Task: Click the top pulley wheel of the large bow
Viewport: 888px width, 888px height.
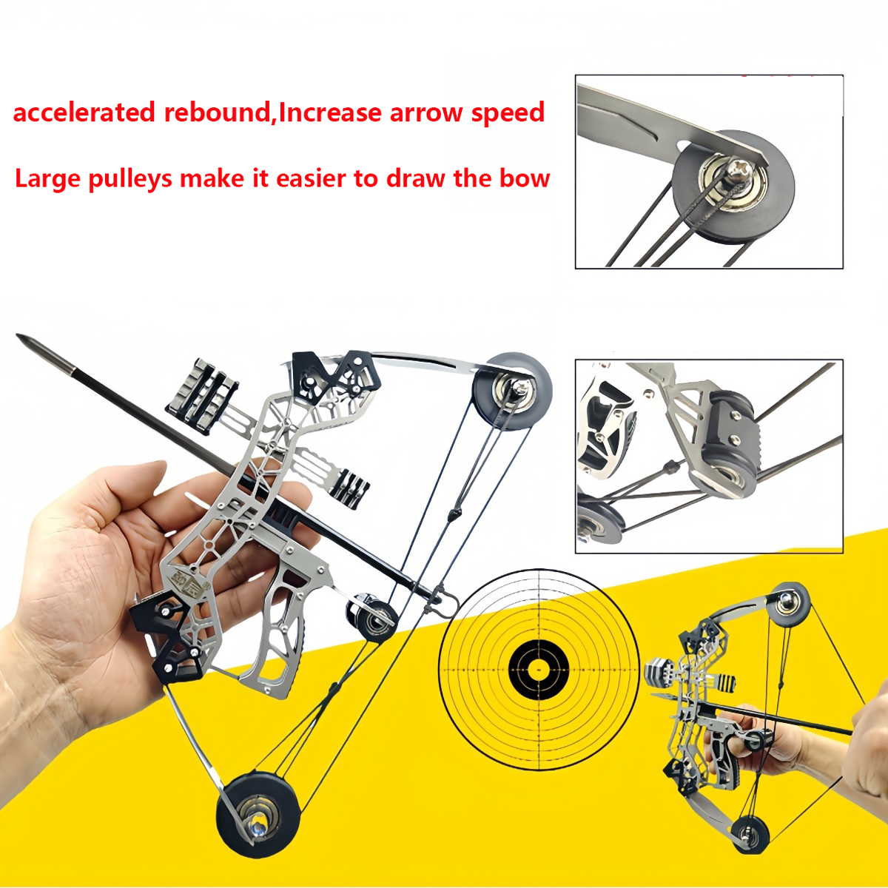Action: point(512,390)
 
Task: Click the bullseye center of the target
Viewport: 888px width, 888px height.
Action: point(539,670)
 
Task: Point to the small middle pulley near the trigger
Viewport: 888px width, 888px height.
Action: point(372,614)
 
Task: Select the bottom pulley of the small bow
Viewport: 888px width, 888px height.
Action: point(750,833)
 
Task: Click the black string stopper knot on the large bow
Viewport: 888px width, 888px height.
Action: point(454,514)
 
